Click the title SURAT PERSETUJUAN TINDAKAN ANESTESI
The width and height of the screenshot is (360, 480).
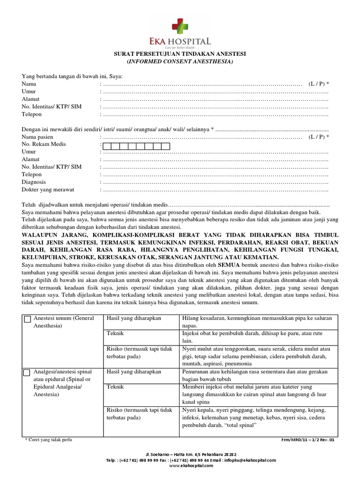pos(180,54)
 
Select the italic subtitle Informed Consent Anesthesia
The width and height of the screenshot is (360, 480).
pos(180,61)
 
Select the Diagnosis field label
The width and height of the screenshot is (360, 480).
pos(34,182)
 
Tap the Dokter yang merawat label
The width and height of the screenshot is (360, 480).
pos(48,189)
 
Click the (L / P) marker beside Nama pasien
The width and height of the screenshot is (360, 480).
pos(319,136)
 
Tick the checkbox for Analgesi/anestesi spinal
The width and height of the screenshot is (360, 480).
pos(27,373)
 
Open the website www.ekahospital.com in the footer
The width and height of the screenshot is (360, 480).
pos(180,466)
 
